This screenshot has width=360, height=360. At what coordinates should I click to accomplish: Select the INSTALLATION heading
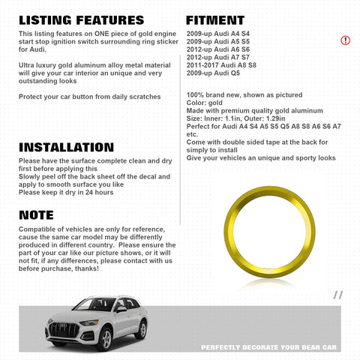point(66,148)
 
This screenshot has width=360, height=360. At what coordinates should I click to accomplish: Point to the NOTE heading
point(37,215)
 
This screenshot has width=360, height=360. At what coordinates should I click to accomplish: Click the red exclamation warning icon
point(345,40)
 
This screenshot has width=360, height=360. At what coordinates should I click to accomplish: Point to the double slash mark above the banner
point(338,295)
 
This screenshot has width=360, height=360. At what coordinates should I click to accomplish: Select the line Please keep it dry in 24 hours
point(66,193)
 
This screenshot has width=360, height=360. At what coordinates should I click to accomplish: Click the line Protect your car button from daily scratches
point(89,97)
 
